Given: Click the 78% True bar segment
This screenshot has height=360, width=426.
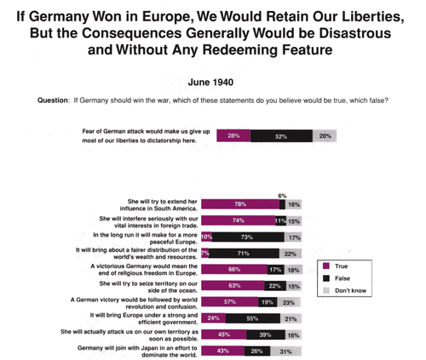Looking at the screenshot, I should coord(239,205).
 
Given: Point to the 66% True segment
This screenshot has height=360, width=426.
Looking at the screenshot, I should coord(233,270).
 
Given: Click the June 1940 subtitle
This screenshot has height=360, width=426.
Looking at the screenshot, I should coord(212,83).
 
